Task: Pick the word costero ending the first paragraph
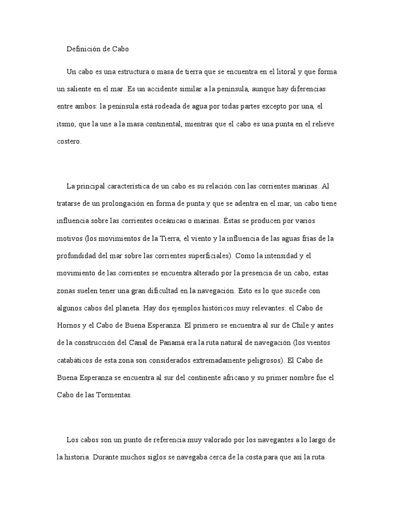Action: click(x=69, y=142)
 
